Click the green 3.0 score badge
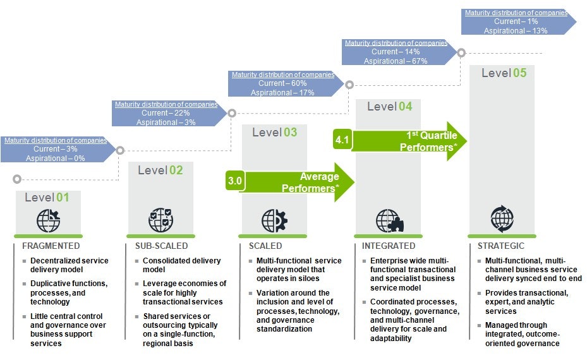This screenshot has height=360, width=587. coord(235,181)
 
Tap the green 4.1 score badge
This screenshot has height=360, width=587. coord(342,140)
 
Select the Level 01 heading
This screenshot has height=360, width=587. coord(47,197)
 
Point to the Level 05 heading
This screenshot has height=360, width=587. coord(504,73)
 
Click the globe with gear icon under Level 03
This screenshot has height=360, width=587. coord(274,220)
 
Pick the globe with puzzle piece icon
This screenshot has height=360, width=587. coord(390,220)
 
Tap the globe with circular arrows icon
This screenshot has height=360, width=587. coord(502,219)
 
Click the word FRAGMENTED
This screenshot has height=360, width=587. coord(51,246)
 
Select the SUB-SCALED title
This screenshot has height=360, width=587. coord(161,246)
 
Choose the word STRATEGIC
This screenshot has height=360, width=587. coord(501,246)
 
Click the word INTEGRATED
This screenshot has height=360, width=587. coord(389,246)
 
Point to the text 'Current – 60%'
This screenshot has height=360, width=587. coord(282,83)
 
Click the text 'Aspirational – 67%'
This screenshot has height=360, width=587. coord(396,61)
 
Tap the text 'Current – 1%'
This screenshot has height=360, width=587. coord(516,21)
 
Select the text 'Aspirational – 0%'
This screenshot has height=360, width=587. coord(56,159)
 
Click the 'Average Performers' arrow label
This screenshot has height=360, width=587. coord(310,183)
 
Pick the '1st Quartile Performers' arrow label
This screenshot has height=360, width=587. coord(428,141)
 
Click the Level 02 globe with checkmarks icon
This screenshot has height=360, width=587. coord(161,220)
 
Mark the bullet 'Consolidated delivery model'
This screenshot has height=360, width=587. coord(181,265)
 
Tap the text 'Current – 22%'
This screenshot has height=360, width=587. coord(166,113)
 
